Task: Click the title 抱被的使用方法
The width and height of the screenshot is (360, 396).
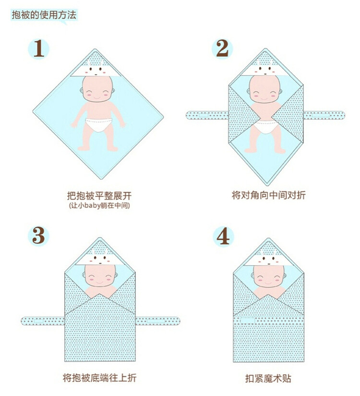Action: [x=44, y=15]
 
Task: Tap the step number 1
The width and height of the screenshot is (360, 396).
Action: [x=39, y=48]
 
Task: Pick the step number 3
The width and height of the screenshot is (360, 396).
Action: [x=39, y=236]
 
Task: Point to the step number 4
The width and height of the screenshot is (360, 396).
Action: [x=223, y=236]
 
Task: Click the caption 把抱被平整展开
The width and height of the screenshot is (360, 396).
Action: [x=99, y=196]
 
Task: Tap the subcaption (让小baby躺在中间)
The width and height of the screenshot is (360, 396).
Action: [x=99, y=205]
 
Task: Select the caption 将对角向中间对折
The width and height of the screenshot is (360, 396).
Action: [x=269, y=195]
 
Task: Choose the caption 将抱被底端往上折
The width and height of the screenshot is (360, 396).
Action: [x=99, y=378]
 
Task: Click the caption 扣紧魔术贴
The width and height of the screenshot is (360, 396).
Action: [x=268, y=378]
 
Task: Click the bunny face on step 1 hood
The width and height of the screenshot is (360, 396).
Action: [x=96, y=69]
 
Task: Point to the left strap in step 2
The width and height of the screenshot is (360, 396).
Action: [x=207, y=115]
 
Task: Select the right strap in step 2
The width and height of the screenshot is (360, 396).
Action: [x=324, y=115]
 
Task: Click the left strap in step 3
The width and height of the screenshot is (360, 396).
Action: [x=43, y=321]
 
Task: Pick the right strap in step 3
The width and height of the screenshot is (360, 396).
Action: [x=157, y=321]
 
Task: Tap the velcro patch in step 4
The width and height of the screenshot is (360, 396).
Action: [x=248, y=321]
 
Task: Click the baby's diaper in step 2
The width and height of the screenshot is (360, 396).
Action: [x=265, y=127]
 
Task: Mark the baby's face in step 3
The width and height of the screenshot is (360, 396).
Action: [x=99, y=276]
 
